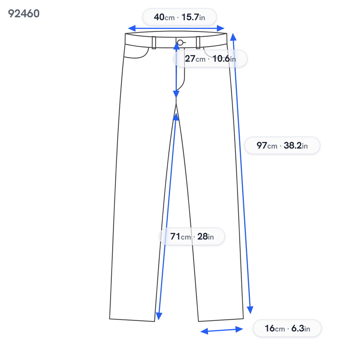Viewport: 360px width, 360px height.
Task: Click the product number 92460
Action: pos(24,14)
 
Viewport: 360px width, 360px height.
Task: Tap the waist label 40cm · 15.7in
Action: pos(179,17)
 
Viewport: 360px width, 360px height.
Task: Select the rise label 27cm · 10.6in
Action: pos(210,59)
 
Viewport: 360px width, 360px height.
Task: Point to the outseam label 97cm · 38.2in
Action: pos(282,145)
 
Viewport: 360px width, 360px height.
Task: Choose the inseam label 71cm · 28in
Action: pos(192,236)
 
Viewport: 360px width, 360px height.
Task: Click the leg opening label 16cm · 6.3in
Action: pos(287,328)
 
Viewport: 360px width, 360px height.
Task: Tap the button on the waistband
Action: pos(180,43)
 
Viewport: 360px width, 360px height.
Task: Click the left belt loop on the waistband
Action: pos(154,43)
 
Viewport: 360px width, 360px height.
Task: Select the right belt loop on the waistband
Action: pos(198,43)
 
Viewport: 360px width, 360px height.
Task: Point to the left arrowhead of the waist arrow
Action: pos(131,28)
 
